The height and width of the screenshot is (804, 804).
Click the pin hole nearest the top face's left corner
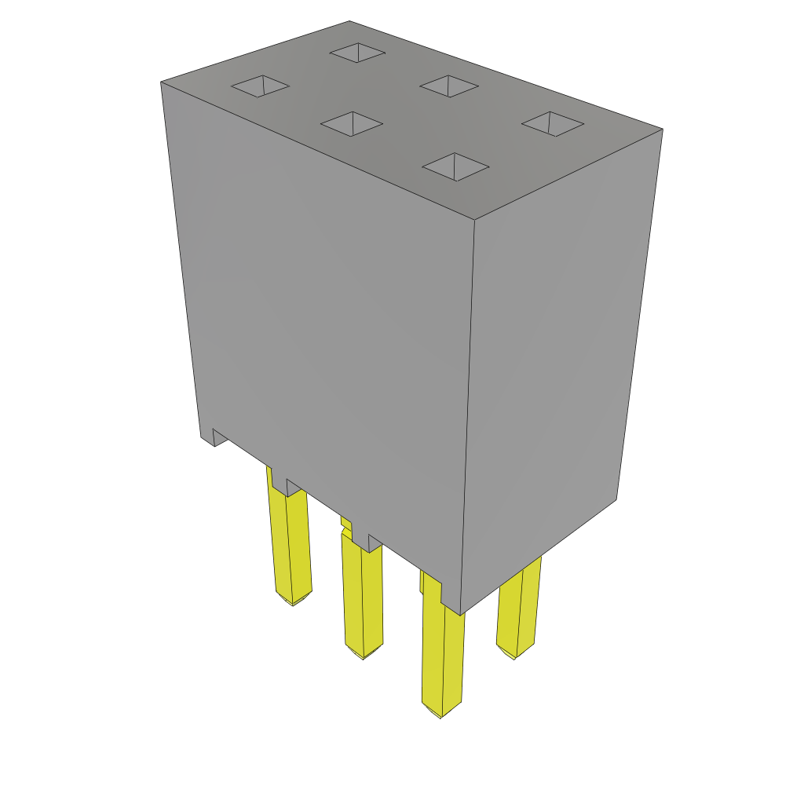click(x=261, y=86)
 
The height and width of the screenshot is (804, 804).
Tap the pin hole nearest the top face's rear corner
click(x=357, y=53)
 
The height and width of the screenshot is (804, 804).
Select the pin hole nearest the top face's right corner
click(x=553, y=123)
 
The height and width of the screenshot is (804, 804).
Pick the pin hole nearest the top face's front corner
click(x=455, y=166)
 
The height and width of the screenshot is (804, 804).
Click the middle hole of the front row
click(x=352, y=123)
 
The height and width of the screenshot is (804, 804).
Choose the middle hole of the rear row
click(x=449, y=86)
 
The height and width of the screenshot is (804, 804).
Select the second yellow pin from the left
click(x=363, y=597)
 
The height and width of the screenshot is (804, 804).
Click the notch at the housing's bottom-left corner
click(x=219, y=437)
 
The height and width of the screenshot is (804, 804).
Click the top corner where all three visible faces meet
click(x=474, y=220)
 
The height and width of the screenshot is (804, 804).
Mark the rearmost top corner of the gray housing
click(x=349, y=21)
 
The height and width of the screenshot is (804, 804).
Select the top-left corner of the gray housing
click(x=162, y=82)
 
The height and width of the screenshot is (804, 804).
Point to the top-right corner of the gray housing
click(x=662, y=130)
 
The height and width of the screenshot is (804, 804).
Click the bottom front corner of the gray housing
click(x=461, y=613)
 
